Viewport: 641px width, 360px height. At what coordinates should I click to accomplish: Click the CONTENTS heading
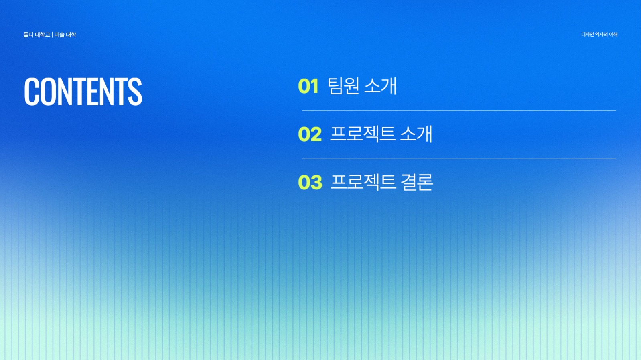[83, 92]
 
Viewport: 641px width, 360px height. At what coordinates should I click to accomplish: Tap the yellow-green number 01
[308, 87]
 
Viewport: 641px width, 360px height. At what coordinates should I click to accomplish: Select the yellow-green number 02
[310, 134]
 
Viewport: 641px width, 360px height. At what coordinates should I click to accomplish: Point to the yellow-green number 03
[310, 183]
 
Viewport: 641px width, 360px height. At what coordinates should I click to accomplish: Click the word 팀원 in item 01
[343, 86]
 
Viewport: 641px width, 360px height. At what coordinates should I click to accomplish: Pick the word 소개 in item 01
[380, 86]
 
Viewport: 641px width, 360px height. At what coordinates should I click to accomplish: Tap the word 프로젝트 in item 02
[362, 134]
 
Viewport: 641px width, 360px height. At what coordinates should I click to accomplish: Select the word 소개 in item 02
[416, 134]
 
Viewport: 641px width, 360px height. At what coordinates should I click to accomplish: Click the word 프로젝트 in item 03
[363, 182]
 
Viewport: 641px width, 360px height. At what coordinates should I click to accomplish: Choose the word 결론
[417, 182]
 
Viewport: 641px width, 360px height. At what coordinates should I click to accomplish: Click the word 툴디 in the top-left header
[28, 35]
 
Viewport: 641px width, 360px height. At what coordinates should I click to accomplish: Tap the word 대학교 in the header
[43, 35]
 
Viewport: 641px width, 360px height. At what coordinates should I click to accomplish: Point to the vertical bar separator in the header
[52, 35]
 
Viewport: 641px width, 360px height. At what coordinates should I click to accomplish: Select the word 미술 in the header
[59, 35]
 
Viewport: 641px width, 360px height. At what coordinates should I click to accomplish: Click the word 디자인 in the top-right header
[587, 35]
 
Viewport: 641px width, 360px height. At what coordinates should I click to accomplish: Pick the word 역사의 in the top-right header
[601, 35]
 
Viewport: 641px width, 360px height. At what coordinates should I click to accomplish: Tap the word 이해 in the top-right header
[613, 35]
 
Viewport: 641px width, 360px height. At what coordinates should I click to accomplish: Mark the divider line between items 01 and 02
[459, 110]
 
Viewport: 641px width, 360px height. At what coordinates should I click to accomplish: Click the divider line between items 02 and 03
[459, 159]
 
